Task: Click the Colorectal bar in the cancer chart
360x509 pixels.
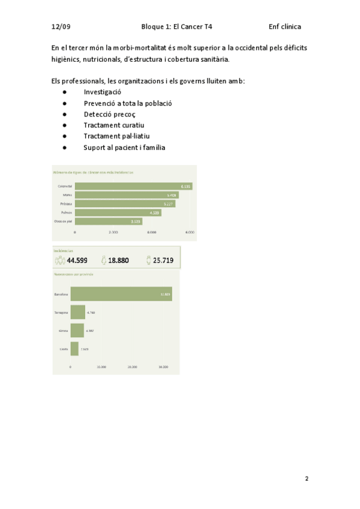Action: (133, 187)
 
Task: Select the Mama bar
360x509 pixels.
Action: (126, 195)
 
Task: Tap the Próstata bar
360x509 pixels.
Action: (125, 203)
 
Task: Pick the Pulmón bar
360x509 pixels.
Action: (118, 212)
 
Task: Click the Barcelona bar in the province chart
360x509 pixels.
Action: (121, 294)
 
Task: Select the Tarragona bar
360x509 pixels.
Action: (77, 313)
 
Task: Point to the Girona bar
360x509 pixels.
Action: (77, 331)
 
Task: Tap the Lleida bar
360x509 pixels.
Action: (74, 348)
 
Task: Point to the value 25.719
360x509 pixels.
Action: (163, 261)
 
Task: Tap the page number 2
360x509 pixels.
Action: (307, 478)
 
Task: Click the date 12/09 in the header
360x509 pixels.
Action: (61, 27)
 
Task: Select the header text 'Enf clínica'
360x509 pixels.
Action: (285, 27)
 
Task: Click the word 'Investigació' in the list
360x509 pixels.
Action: (103, 92)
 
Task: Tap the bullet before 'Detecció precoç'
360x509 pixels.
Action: (64, 114)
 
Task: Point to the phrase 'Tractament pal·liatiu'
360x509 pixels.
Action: (116, 136)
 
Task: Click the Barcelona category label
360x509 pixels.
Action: (61, 294)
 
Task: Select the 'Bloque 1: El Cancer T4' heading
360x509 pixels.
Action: (176, 27)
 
